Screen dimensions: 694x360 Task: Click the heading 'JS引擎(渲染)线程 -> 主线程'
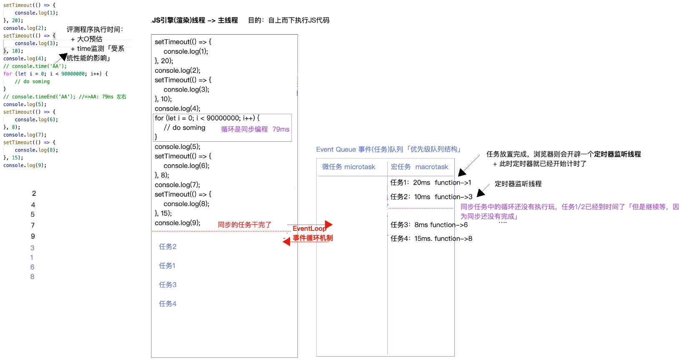tap(195, 20)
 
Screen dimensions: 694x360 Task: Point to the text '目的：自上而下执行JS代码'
tap(288, 20)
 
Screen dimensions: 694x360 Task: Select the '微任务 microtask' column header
tap(348, 167)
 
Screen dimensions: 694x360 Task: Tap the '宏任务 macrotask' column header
tap(419, 167)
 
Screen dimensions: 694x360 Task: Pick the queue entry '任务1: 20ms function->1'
tap(431, 182)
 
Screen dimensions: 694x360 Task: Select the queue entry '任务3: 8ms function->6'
tap(429, 225)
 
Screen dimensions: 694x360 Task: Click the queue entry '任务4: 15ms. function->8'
tap(431, 239)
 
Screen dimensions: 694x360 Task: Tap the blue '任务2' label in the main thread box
tap(168, 247)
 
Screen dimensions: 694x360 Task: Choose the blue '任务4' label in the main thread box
tap(168, 304)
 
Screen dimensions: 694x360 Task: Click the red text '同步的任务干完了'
tap(244, 225)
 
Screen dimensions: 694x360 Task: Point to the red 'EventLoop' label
tap(309, 228)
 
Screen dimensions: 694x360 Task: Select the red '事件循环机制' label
tap(313, 238)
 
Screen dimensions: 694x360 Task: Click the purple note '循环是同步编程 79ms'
tap(255, 129)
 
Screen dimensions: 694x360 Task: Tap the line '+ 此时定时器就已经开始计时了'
tap(539, 164)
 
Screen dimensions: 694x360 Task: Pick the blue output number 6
tap(32, 267)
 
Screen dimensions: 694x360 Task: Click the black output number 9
tap(33, 236)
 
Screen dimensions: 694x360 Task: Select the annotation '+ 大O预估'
tap(87, 39)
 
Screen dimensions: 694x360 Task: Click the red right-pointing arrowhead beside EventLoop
tap(328, 225)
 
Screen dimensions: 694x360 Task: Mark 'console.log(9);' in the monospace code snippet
tap(25, 165)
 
